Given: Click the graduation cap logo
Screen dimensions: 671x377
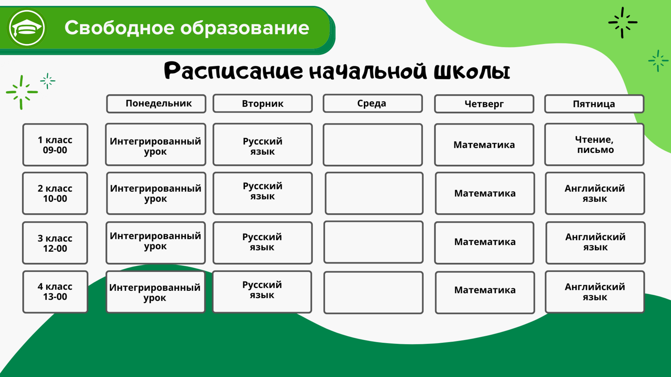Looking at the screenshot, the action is click(27, 28).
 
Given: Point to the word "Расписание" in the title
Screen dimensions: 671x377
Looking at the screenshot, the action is click(234, 71).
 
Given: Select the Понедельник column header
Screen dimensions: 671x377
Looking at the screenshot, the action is click(156, 104).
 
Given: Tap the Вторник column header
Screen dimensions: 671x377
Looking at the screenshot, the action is click(263, 103).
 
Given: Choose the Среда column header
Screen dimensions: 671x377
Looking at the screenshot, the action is click(373, 103).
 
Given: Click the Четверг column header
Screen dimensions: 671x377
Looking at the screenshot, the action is click(484, 104).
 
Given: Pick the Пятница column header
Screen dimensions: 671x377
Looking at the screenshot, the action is click(594, 104).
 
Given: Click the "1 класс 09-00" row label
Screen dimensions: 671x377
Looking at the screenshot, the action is click(55, 145).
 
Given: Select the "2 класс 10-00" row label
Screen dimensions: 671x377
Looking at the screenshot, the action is click(55, 193).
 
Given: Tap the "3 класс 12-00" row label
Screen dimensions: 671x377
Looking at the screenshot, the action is click(55, 243).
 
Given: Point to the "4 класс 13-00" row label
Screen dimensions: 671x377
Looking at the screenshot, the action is click(55, 292).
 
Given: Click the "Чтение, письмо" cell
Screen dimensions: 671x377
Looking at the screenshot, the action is click(594, 145).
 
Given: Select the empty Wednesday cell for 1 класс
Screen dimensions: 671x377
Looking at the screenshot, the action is click(373, 145).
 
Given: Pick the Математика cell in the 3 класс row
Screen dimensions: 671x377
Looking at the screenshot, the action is click(484, 243).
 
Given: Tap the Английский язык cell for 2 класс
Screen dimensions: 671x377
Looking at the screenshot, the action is click(595, 193).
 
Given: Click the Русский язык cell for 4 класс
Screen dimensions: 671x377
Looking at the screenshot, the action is click(262, 292).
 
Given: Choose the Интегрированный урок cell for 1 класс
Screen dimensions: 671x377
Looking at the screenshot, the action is click(155, 145).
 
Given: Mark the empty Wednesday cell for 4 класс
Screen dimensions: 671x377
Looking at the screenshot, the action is click(373, 293).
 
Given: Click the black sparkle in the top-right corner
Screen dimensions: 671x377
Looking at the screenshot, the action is click(623, 23).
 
